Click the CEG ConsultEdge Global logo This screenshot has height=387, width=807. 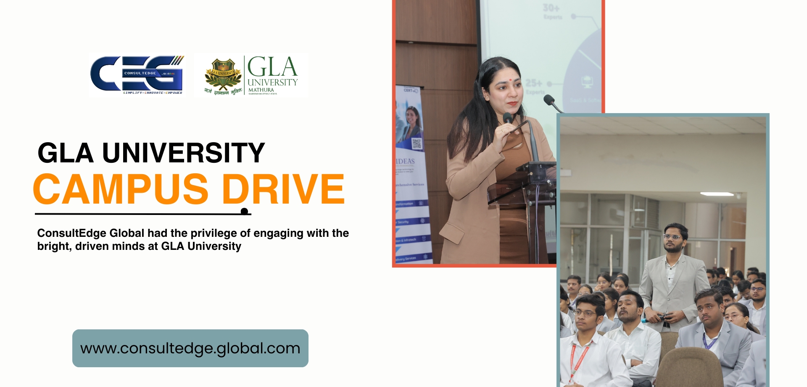(x=137, y=75)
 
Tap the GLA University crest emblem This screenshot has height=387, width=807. (x=223, y=74)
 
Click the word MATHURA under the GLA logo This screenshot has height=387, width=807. (x=261, y=90)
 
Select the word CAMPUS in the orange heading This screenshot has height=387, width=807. (x=121, y=189)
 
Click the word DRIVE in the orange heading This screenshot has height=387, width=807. (x=283, y=189)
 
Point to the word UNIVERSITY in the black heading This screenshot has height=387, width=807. (x=184, y=153)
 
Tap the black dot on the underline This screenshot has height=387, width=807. (x=244, y=211)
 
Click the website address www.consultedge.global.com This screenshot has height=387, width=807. (x=190, y=348)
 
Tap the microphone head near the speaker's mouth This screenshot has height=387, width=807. (x=508, y=117)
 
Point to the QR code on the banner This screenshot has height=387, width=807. (x=417, y=143)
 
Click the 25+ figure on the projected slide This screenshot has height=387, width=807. (x=533, y=83)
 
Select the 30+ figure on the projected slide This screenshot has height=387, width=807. (x=551, y=8)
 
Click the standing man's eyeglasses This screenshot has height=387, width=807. (x=672, y=237)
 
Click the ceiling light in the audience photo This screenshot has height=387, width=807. (x=717, y=194)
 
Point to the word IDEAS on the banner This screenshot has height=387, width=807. (x=405, y=161)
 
